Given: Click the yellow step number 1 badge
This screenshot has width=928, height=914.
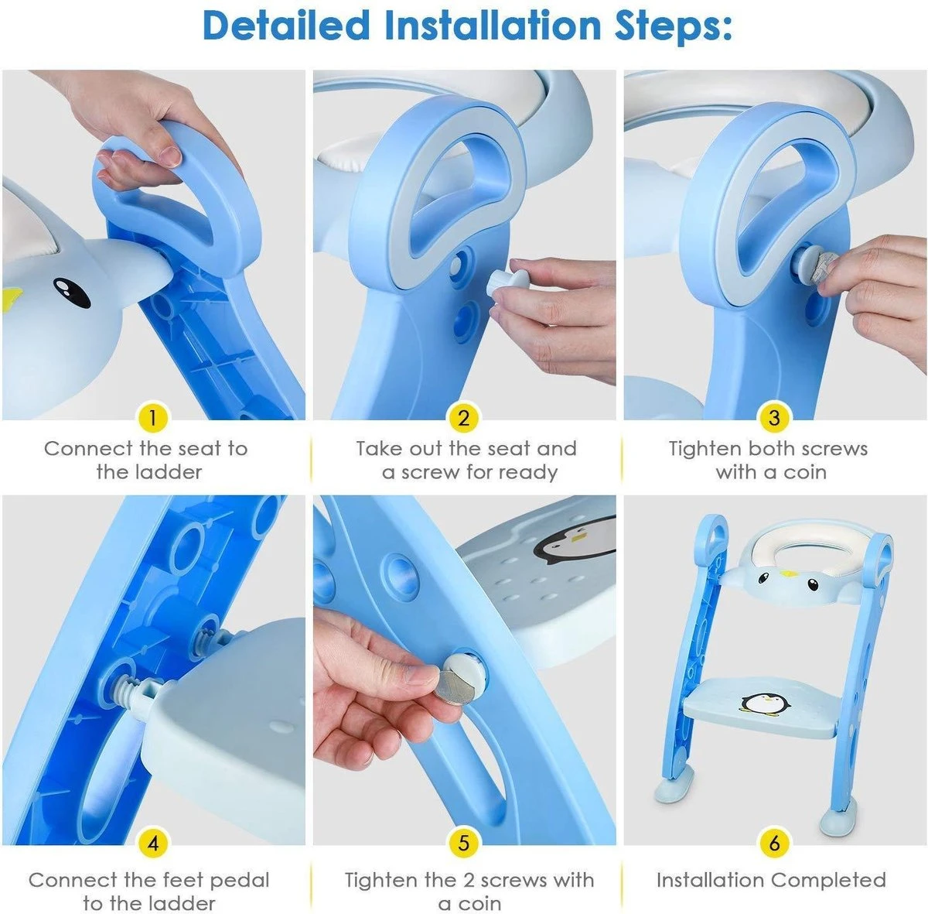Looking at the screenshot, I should click(x=152, y=419).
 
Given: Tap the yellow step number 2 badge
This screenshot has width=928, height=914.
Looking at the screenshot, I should click(x=463, y=419).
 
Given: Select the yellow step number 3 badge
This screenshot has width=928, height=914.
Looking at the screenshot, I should click(x=774, y=419).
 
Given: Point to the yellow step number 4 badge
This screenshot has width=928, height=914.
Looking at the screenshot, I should click(x=152, y=843).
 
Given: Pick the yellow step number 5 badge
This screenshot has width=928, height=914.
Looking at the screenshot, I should click(x=463, y=843).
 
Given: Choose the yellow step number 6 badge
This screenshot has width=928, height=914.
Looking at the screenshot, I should click(x=774, y=843).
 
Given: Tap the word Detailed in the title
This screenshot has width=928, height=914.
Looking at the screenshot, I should click(x=286, y=26).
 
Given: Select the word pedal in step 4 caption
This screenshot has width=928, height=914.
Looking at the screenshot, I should click(x=239, y=880).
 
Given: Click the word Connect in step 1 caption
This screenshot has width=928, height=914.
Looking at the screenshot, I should click(x=89, y=449).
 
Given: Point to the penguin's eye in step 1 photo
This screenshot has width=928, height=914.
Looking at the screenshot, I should click(x=70, y=293).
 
